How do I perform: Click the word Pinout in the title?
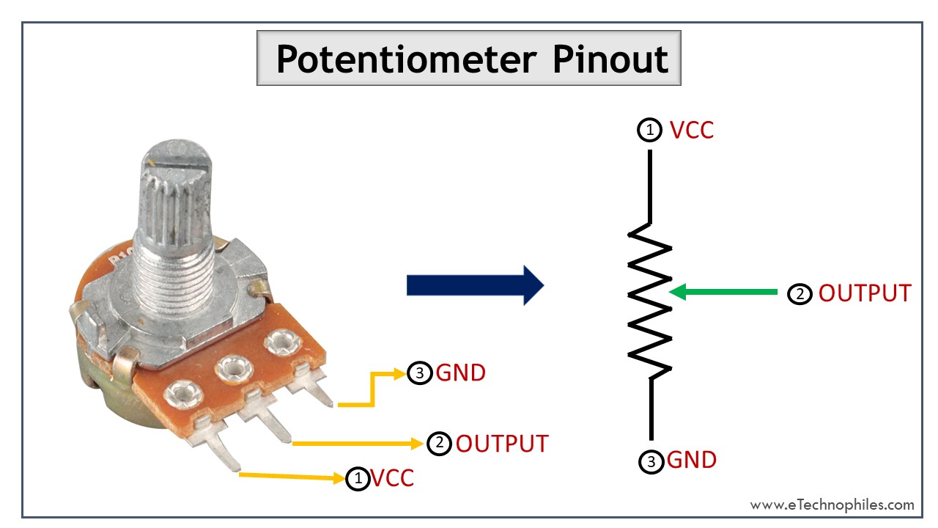pyautogui.click(x=610, y=59)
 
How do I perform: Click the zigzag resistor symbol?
pyautogui.click(x=650, y=301)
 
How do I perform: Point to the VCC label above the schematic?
pyautogui.click(x=691, y=131)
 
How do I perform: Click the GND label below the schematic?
pyautogui.click(x=691, y=461)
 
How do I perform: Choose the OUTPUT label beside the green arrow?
pyautogui.click(x=864, y=293)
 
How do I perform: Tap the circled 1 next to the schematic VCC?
pyautogui.click(x=649, y=131)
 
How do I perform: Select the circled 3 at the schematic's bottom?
pyautogui.click(x=651, y=461)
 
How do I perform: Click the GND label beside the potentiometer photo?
pyautogui.click(x=460, y=373)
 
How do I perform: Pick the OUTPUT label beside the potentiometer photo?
pyautogui.click(x=501, y=444)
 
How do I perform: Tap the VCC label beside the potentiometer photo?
pyautogui.click(x=392, y=478)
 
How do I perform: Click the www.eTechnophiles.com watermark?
pyautogui.click(x=832, y=505)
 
